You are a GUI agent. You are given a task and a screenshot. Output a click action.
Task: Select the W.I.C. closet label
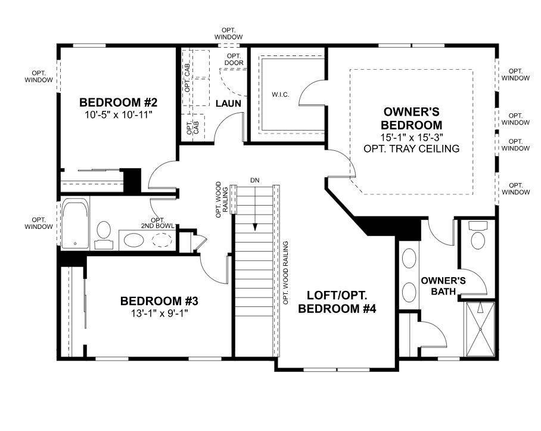pos(279,95)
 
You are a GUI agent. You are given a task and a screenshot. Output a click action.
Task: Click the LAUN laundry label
pos(228,104)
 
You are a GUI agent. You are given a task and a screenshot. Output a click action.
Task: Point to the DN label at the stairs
pos(255,179)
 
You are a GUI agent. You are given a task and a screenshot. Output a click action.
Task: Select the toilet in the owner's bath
pos(478,237)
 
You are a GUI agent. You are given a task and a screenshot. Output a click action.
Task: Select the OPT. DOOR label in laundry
pos(232,59)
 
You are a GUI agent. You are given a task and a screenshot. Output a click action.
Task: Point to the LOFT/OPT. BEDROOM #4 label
pos(337,302)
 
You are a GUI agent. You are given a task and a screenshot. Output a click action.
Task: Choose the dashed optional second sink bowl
pos(162,240)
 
